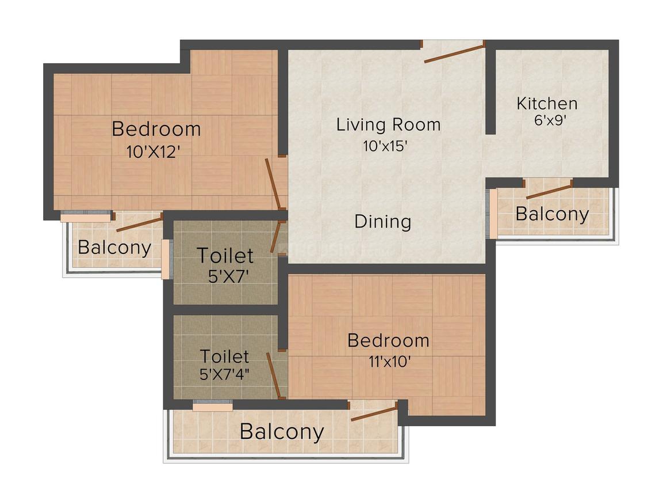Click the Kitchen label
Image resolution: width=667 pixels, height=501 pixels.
click(x=547, y=104)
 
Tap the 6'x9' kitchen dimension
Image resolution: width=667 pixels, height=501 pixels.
click(x=550, y=120)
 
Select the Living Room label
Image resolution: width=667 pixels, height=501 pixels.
click(x=388, y=125)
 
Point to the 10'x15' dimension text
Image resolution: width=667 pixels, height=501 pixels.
click(x=385, y=146)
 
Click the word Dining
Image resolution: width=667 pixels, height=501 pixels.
click(x=383, y=222)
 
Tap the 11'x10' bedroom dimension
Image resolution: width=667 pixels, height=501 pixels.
click(x=389, y=362)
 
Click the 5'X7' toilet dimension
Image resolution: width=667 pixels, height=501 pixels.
click(x=228, y=278)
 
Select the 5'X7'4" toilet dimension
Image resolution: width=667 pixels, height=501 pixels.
click(x=224, y=374)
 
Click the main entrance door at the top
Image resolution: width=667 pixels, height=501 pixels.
click(x=454, y=52)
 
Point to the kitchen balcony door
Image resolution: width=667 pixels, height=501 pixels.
click(x=549, y=189)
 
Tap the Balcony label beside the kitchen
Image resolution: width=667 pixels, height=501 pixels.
click(x=552, y=214)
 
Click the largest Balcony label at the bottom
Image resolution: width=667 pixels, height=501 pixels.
click(x=282, y=431)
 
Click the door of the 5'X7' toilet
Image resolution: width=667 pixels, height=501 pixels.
click(x=277, y=237)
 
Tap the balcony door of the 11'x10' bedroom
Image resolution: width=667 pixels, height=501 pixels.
click(x=374, y=412)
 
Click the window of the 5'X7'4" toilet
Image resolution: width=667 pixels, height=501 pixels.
click(x=213, y=407)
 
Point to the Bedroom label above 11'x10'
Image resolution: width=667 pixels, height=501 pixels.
click(x=388, y=341)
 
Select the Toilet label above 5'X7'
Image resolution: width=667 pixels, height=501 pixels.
click(x=225, y=256)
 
